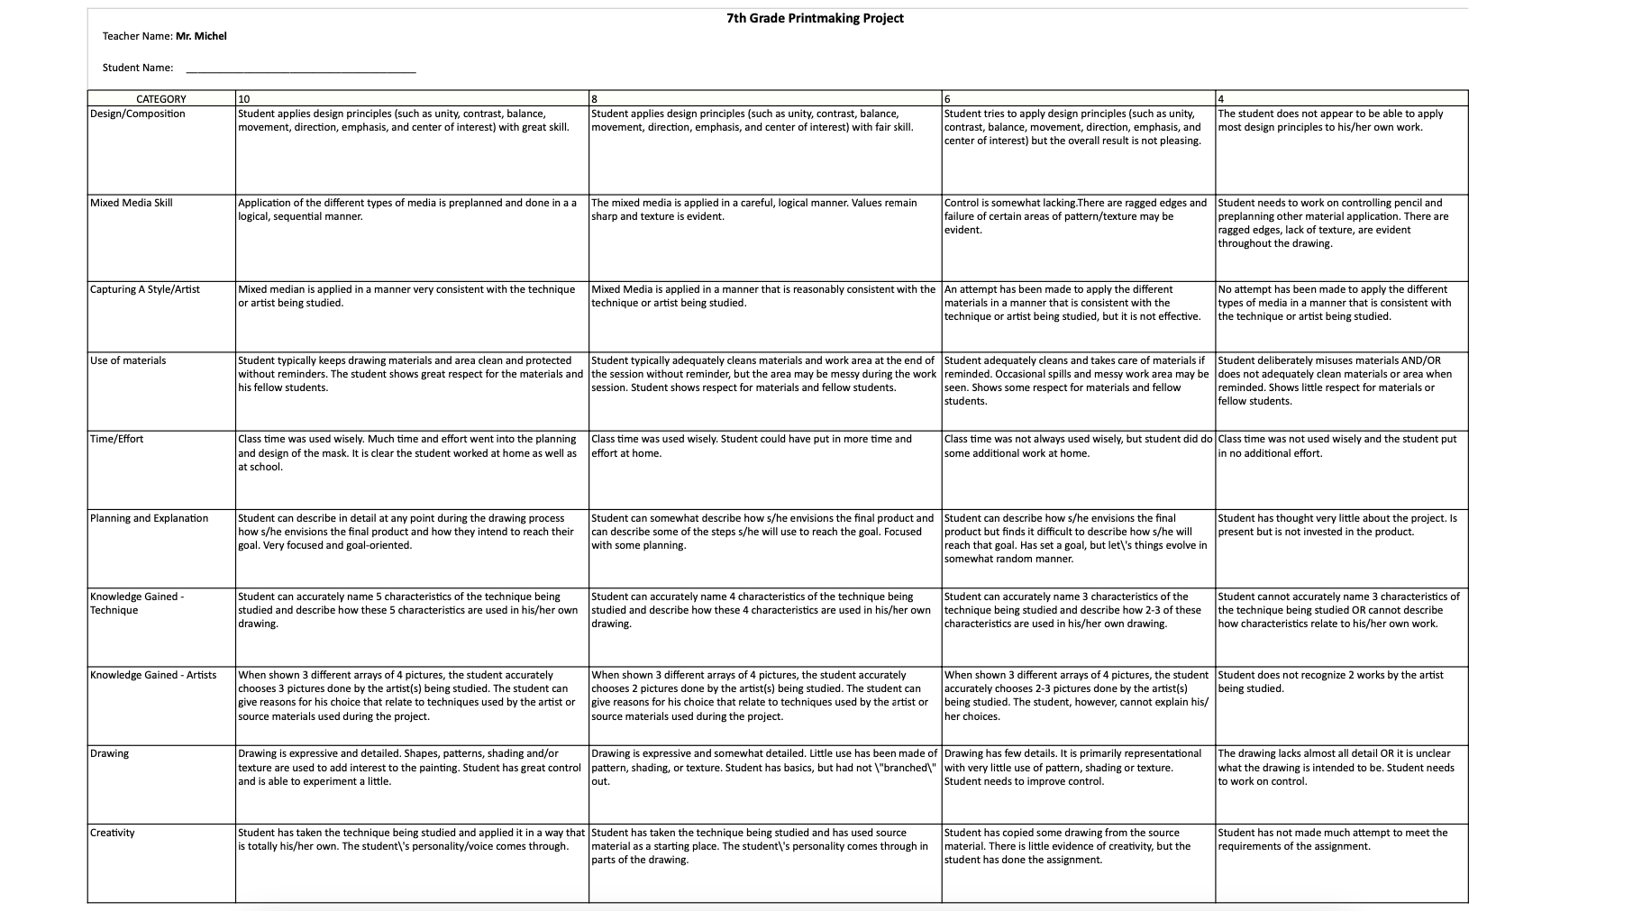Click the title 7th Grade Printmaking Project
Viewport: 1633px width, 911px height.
pos(815,18)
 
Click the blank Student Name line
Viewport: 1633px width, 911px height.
pos(300,68)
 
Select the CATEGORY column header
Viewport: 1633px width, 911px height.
pos(161,99)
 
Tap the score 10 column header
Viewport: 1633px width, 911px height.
pos(244,99)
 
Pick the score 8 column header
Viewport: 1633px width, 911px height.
pos(595,99)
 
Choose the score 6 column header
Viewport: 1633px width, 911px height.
pos(948,99)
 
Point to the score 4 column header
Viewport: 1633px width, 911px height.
pos(1221,99)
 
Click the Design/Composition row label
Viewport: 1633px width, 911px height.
pos(138,114)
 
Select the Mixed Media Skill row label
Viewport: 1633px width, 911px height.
pos(132,203)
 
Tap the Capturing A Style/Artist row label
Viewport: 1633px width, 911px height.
pos(145,289)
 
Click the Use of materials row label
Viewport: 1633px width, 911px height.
pos(128,360)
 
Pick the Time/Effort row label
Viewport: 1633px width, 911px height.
pos(117,439)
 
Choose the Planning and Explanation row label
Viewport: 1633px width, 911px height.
pos(150,518)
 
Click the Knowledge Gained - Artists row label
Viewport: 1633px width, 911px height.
pos(153,675)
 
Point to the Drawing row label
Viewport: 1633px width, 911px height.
pos(110,753)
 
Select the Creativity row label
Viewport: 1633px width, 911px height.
pos(113,833)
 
